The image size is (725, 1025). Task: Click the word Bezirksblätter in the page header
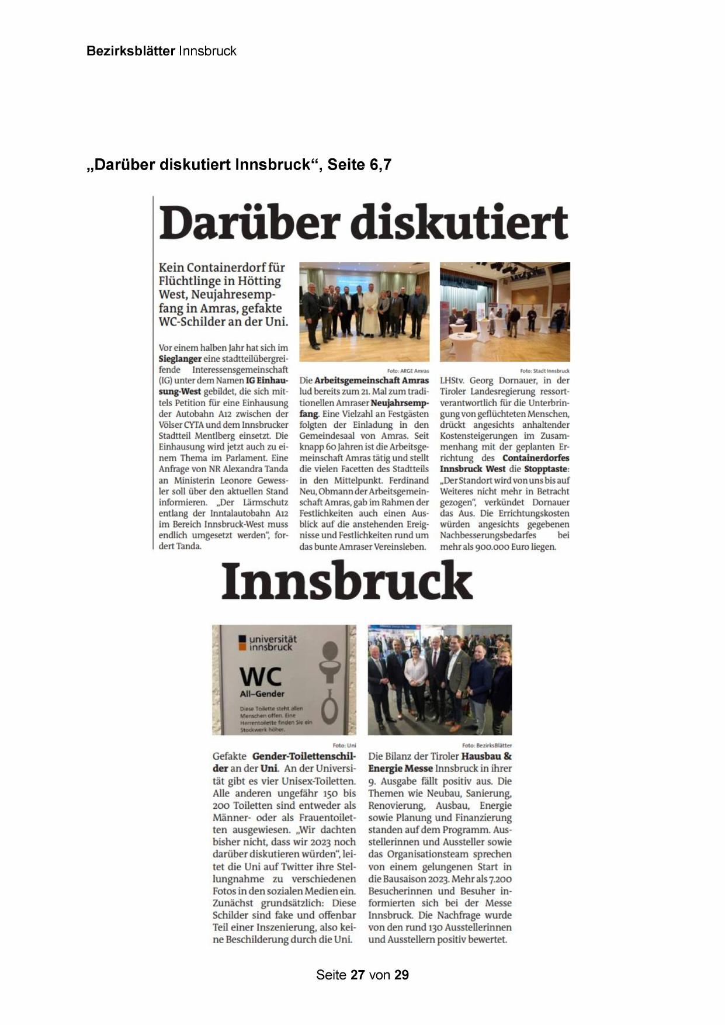point(130,51)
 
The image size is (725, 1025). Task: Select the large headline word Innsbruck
point(346,581)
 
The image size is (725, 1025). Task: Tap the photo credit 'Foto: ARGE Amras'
point(408,370)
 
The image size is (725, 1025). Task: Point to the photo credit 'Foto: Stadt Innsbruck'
point(544,370)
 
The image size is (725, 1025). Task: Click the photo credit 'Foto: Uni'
point(344,745)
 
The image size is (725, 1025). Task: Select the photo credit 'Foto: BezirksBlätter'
point(487,745)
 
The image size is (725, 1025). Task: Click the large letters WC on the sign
point(261,677)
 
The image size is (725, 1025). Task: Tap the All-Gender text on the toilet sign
point(262,694)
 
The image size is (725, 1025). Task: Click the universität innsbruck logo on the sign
point(267,643)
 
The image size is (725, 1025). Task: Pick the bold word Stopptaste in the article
point(546,469)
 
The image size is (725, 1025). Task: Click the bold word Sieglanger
point(180,359)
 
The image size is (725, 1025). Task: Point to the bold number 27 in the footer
point(358,975)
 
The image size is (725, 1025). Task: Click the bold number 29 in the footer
point(401,975)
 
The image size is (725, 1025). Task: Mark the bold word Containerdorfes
point(536,458)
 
